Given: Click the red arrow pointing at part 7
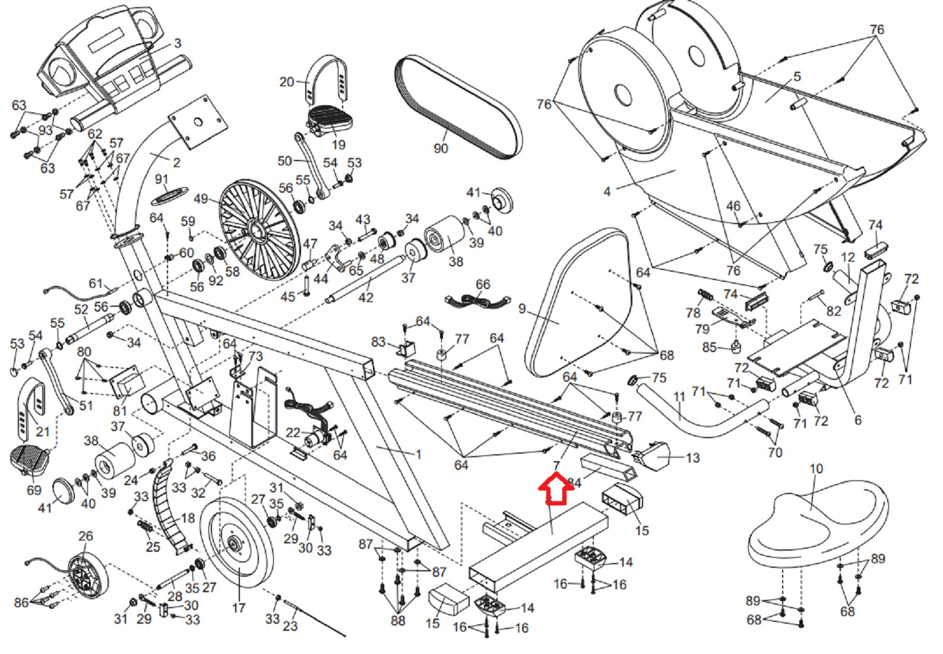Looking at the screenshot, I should point(555,489).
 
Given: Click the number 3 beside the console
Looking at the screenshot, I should point(178,43).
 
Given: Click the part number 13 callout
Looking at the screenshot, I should point(692,458).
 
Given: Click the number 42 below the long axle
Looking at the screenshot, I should point(366,297).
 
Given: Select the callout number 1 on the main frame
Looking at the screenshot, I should point(419,454).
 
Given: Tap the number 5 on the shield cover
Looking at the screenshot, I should point(797,77).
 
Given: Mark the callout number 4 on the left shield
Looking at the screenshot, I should point(607,191).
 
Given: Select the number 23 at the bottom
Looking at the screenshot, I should point(290,625).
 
